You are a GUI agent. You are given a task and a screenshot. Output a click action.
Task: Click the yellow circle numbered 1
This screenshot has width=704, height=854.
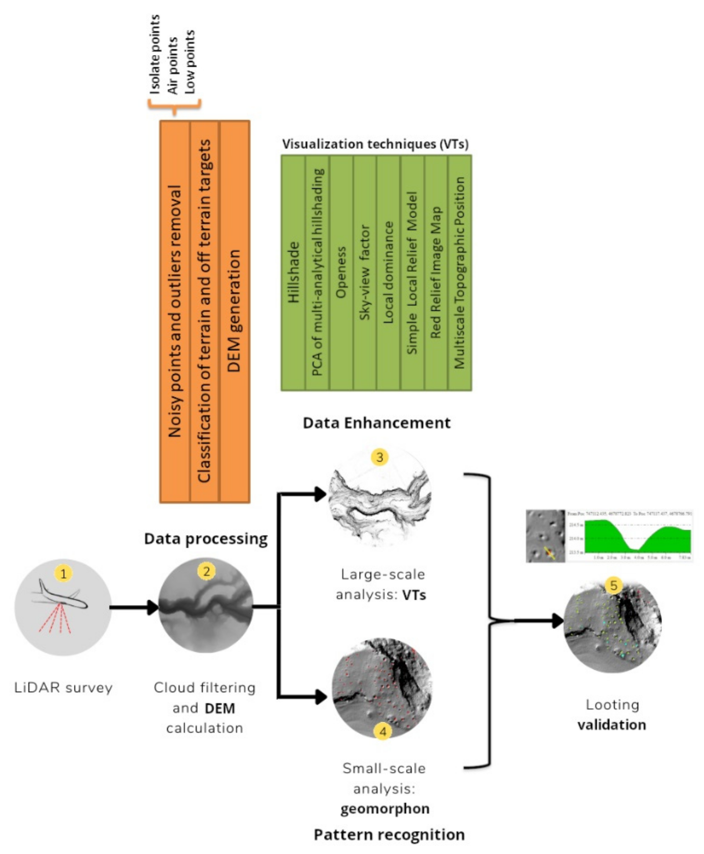click(x=63, y=574)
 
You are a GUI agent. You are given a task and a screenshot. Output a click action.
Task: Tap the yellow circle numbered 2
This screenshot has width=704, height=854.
click(x=207, y=571)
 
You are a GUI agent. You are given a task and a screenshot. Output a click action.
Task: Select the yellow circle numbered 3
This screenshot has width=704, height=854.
click(x=380, y=457)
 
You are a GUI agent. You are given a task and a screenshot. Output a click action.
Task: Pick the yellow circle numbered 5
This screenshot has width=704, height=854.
click(x=613, y=585)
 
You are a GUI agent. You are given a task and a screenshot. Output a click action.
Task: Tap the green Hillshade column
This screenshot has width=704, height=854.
click(x=293, y=272)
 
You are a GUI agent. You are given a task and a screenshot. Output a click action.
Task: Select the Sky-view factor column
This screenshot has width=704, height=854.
click(x=365, y=272)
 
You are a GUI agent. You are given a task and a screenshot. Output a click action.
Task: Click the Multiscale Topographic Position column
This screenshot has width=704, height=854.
click(x=460, y=272)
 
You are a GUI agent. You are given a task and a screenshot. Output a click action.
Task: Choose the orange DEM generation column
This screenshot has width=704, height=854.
click(x=235, y=311)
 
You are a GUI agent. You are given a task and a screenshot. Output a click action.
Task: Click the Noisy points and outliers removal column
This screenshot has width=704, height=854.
click(x=175, y=311)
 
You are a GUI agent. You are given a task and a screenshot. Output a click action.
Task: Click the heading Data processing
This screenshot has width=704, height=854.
click(x=205, y=539)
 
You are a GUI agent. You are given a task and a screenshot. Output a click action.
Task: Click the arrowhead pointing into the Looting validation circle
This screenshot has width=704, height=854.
click(x=558, y=621)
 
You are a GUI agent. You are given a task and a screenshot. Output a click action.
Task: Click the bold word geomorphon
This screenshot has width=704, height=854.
click(x=385, y=808)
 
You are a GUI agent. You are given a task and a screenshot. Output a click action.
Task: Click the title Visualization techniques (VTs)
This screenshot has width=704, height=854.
click(x=375, y=144)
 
